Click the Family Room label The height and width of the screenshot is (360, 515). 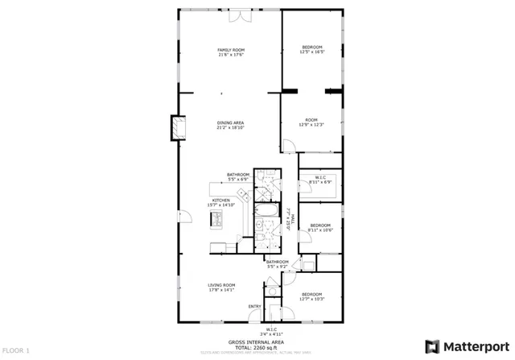(x=230, y=52)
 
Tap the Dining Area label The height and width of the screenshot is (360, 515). (x=230, y=125)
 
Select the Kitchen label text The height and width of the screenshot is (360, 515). (x=221, y=203)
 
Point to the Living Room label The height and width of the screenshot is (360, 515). (x=221, y=288)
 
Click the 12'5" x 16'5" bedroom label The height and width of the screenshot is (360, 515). (x=312, y=50)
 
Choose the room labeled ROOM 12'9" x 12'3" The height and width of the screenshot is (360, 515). (x=312, y=122)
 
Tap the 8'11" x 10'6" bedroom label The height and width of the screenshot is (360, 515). (x=320, y=227)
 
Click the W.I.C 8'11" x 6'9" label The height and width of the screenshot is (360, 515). (x=320, y=180)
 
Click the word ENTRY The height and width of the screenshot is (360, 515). (x=254, y=306)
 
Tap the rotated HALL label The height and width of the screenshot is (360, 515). (x=290, y=217)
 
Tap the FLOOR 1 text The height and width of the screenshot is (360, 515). (x=16, y=351)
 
